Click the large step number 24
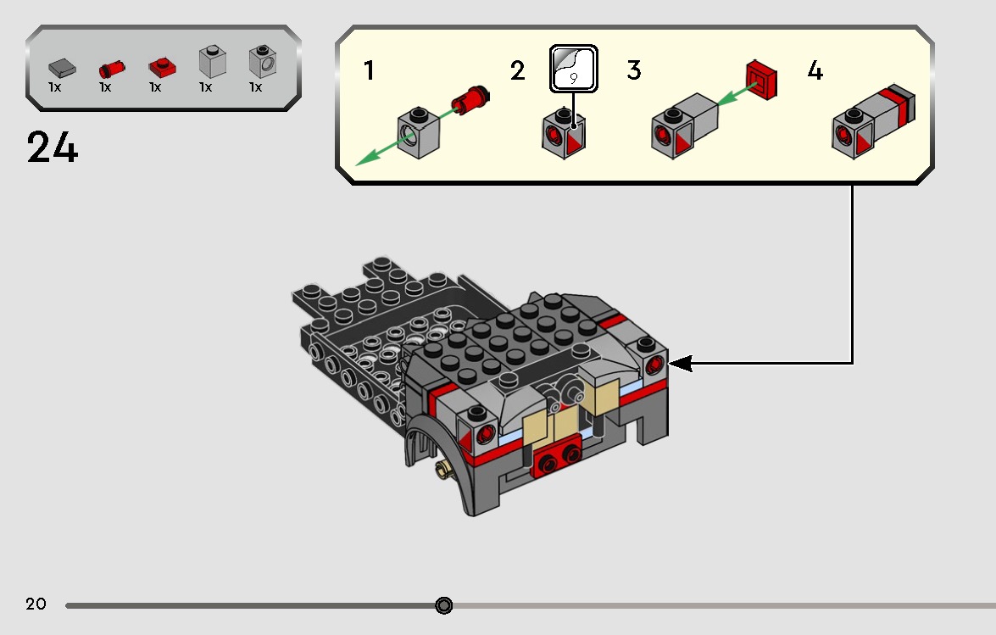pyautogui.click(x=53, y=148)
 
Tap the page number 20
pyautogui.click(x=36, y=604)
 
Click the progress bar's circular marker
pyautogui.click(x=443, y=605)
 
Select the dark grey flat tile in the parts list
pyautogui.click(x=60, y=66)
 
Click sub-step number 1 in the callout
pyautogui.click(x=369, y=70)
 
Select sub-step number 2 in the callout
pyautogui.click(x=518, y=71)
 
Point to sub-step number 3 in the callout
pyautogui.click(x=634, y=70)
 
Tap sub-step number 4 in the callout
pyautogui.click(x=815, y=71)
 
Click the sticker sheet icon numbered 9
pyautogui.click(x=574, y=69)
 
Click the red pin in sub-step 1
pyautogui.click(x=471, y=99)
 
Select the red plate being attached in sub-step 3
pyautogui.click(x=762, y=79)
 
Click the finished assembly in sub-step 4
pyautogui.click(x=873, y=121)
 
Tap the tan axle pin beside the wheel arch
pyautogui.click(x=441, y=469)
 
